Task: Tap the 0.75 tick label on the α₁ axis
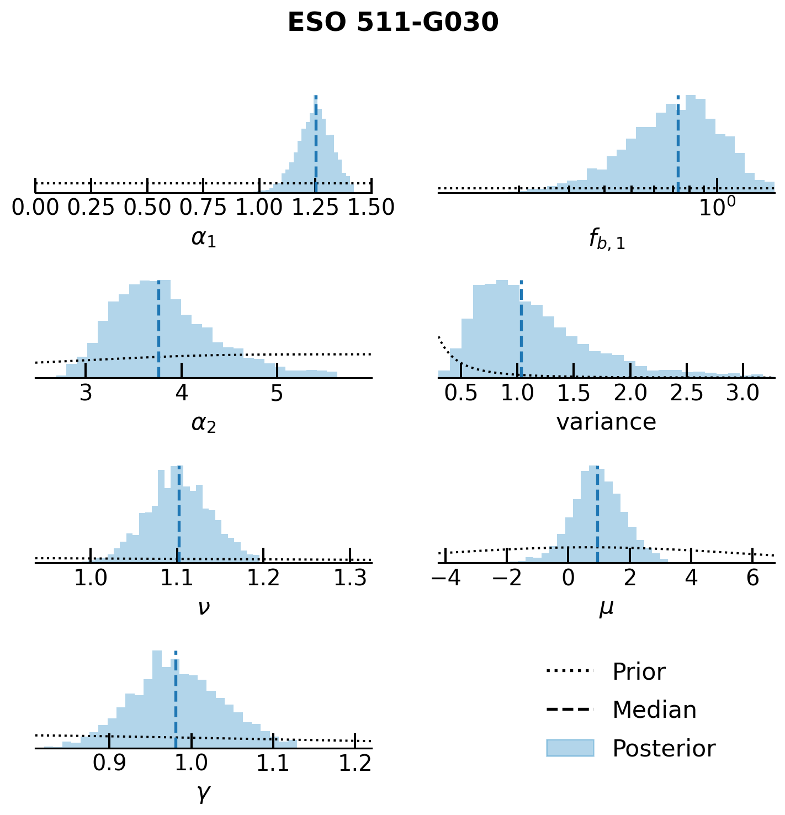point(203,208)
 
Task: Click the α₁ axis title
point(203,238)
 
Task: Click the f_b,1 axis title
point(607,240)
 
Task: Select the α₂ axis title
point(203,423)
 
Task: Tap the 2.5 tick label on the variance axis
point(686,393)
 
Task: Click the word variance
point(606,422)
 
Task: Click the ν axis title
point(203,608)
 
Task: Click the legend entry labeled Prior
point(639,672)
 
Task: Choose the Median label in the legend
point(654,710)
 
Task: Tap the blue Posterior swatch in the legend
point(570,748)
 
